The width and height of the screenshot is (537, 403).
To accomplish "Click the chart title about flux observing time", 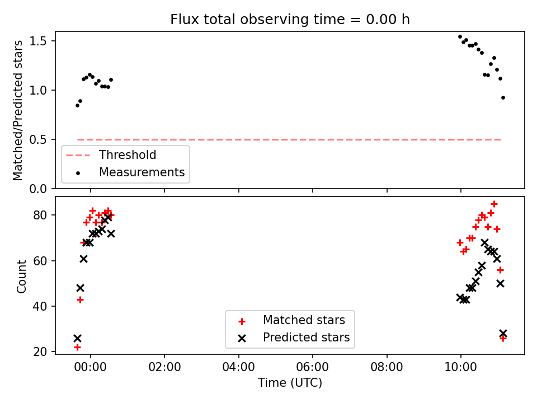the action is pos(290,19).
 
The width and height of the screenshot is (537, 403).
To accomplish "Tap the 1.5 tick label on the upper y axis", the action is pos(37,41).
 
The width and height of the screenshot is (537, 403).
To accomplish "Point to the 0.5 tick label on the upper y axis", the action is pos(37,140).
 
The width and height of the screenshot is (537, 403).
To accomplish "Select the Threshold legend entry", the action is pos(111,155).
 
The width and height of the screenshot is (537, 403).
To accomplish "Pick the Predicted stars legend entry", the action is pos(294,338).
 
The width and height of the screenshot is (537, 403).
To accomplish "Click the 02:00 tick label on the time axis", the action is pos(164,367).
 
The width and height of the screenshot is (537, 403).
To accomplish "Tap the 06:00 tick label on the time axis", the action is pos(313,367).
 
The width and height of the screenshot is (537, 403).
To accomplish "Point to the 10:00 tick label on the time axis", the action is pos(460,367).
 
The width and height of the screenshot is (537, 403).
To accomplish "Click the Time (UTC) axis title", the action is pos(290,383).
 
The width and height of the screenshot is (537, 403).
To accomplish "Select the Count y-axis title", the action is pos(21,276).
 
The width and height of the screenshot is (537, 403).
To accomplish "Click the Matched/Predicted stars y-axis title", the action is pos(17,110).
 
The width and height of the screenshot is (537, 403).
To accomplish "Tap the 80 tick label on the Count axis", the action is pos(40,215).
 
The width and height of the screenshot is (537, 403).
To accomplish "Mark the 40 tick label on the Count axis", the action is pos(40,306).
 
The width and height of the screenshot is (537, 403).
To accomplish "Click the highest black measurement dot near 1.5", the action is pos(460,37).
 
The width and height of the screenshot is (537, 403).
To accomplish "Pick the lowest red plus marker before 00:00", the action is pos(77,347).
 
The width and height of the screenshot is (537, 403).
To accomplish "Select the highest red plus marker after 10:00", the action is pos(494,204).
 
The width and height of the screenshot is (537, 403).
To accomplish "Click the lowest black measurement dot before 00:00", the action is pos(77,106).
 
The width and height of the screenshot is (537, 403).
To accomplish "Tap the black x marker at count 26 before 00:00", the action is pos(77,339).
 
